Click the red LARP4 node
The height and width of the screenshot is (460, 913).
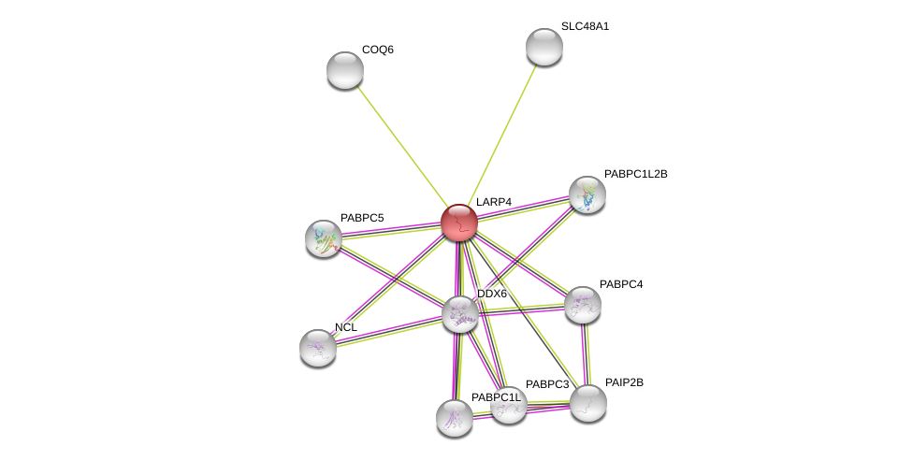coord(459,223)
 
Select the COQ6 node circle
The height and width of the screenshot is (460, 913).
coord(345,70)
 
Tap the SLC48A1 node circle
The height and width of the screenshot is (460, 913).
coord(544,47)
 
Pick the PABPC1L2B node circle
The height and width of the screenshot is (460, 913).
coord(587,194)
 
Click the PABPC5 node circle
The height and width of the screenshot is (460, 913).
coord(324,238)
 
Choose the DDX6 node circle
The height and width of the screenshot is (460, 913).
coord(460,314)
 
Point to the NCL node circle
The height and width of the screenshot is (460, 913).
coord(318,348)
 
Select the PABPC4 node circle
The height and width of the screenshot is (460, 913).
coord(583,305)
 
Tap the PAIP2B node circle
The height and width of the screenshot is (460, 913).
coord(588,403)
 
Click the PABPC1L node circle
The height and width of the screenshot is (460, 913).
coord(455,418)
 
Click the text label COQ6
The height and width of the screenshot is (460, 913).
coord(378,50)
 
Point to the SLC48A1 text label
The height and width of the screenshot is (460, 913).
coord(585,26)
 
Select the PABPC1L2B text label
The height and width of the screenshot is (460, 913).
coord(635,174)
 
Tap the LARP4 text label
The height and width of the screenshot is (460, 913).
coord(494,202)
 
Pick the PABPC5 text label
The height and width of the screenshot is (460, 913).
coord(362,218)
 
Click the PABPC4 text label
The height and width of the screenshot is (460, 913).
coord(621,284)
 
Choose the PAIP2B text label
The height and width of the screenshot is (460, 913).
coord(624,382)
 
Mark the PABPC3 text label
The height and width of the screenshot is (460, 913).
coord(547,384)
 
